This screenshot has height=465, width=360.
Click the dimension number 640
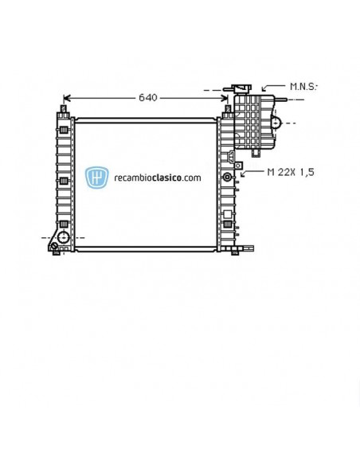pyautogui.click(x=147, y=97)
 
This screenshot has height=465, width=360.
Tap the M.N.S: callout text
pyautogui.click(x=303, y=86)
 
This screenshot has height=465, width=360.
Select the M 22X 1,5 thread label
pyautogui.click(x=290, y=171)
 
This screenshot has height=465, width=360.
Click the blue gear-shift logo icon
pyautogui.click(x=97, y=178)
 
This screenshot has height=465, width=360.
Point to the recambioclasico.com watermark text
pyautogui.click(x=157, y=178)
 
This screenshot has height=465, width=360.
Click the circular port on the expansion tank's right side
pyautogui.click(x=276, y=123)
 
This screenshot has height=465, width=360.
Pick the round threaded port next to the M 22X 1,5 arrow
pyautogui.click(x=228, y=176)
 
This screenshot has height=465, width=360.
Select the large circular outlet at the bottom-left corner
pyautogui.click(x=64, y=236)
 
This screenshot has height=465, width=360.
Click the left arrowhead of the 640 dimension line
pyautogui.click(x=67, y=98)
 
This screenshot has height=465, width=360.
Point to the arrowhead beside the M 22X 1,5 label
pyautogui.click(x=245, y=171)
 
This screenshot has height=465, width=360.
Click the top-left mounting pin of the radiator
pyautogui.click(x=62, y=108)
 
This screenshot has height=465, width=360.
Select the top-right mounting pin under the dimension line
pyautogui.click(x=227, y=109)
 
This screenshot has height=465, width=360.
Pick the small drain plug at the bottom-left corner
pyautogui.click(x=55, y=249)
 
